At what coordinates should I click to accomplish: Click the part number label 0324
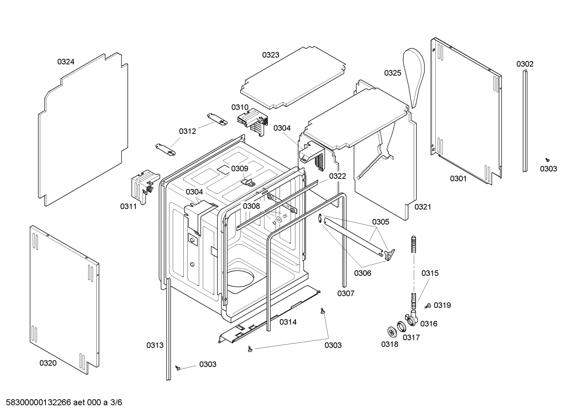point(65,62)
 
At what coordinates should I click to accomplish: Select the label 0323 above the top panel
point(270,55)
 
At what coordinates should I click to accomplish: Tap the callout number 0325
point(393,73)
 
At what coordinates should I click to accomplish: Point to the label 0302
point(525,64)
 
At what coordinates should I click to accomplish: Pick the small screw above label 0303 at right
point(547,160)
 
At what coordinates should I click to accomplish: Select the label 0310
point(240,107)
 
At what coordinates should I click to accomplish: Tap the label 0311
point(128,206)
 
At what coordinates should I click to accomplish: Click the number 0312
point(187,131)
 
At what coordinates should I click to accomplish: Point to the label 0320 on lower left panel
point(48,363)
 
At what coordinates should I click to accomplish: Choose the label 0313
point(155,345)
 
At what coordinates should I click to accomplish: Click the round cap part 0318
point(392,332)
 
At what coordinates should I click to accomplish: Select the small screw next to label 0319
point(428,306)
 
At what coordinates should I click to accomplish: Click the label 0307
point(345,293)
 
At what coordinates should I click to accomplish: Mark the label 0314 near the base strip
point(288,322)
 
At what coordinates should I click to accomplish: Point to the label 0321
point(423,207)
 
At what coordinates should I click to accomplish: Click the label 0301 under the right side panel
point(458,178)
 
